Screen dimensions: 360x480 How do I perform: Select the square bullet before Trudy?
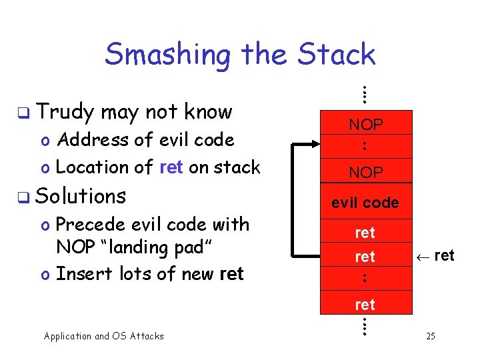click(23, 112)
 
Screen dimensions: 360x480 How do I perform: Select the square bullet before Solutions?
click(23, 197)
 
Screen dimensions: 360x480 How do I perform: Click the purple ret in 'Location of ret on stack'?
click(171, 167)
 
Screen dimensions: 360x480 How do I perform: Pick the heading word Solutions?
click(81, 196)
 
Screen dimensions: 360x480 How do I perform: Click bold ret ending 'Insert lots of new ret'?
click(231, 274)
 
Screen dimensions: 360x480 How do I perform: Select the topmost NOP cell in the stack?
click(365, 124)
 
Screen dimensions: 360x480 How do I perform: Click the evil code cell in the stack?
click(365, 203)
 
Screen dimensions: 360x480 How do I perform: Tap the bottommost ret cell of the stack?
click(365, 305)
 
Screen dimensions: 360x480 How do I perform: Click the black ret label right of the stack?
click(444, 255)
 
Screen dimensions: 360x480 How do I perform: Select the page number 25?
click(431, 336)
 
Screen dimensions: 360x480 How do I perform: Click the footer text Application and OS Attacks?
click(103, 336)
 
